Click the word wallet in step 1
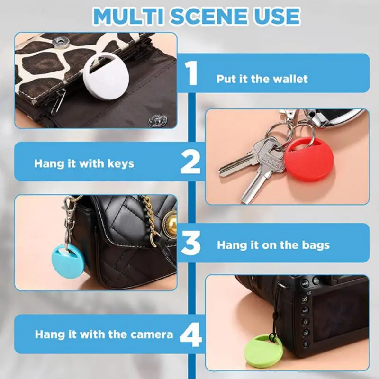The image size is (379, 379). pos(289,79)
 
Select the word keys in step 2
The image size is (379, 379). pos(119,164)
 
